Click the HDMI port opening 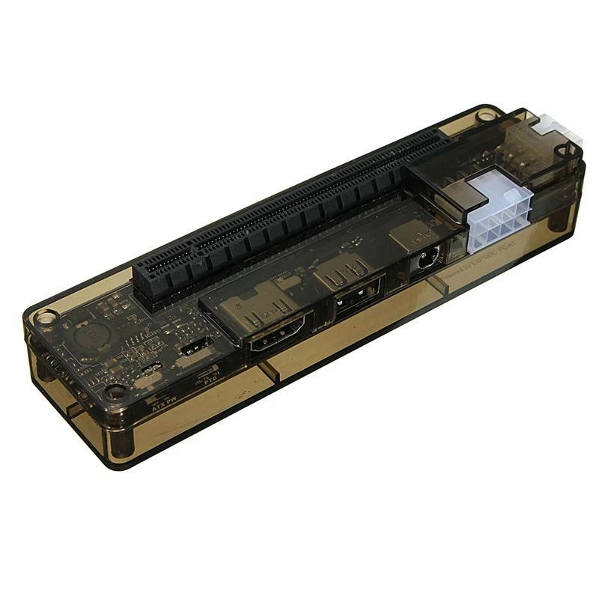[x=277, y=335]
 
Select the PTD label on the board [x=210, y=381]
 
